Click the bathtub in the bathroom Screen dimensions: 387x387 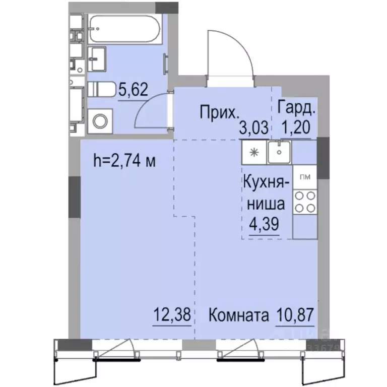click(125, 29)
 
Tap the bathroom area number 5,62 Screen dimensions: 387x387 click(133, 89)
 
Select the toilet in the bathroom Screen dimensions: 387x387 click(102, 89)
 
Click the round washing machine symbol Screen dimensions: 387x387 click(100, 121)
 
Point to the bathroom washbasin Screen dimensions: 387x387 click(97, 59)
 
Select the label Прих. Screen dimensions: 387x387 click(219, 112)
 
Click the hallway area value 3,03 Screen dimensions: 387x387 click(253, 128)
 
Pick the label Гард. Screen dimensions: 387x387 click(296, 108)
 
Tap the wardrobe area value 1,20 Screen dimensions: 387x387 click(296, 127)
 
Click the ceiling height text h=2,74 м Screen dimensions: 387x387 click(124, 161)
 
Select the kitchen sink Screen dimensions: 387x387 click(279, 152)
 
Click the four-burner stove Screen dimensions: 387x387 click(305, 202)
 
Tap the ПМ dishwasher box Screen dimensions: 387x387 click(305, 177)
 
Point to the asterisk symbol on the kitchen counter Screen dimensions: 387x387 click(254, 152)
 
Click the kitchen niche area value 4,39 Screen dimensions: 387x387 click(264, 224)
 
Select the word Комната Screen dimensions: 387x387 click(239, 315)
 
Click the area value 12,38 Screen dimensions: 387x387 click(172, 314)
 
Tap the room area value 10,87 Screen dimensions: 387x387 click(295, 314)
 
